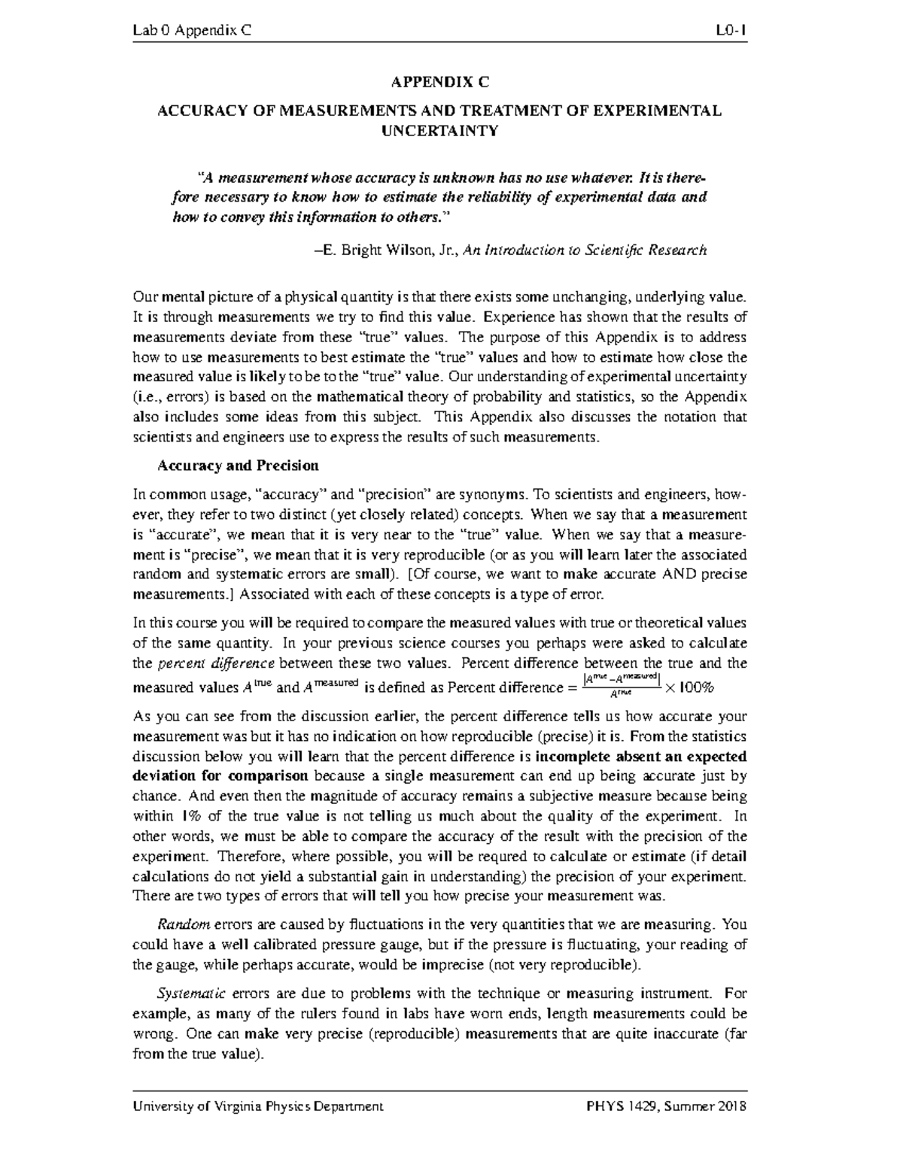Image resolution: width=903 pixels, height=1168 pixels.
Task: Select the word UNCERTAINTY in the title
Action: pos(439,131)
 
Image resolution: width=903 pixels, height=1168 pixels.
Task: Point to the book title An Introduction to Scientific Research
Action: pos(585,250)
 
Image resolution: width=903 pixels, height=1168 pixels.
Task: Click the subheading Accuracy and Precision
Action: pos(238,466)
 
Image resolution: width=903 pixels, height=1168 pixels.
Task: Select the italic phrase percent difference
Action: pos(215,663)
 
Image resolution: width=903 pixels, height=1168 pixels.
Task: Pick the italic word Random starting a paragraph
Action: pos(178,924)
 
